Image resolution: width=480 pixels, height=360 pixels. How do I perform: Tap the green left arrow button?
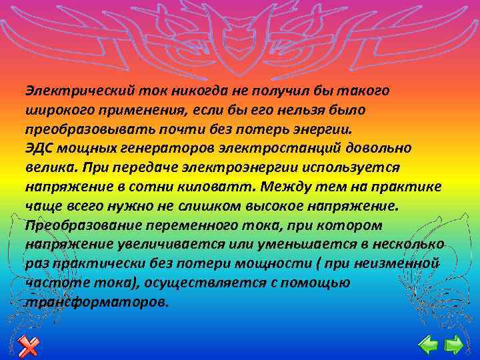click(427, 345)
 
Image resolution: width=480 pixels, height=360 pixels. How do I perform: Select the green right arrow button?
click(454, 345)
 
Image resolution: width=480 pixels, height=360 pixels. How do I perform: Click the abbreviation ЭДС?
click(37, 147)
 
